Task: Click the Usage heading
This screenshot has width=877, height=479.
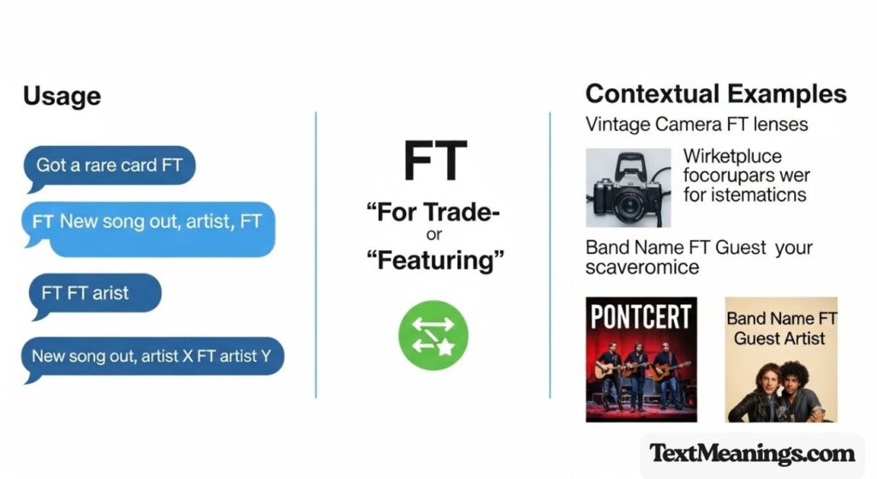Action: [x=62, y=96]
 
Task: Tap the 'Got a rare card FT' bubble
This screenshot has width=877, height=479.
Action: [x=110, y=165]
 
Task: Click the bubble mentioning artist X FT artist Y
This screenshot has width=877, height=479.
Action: [x=152, y=355]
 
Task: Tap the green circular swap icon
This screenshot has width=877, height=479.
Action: [x=434, y=333]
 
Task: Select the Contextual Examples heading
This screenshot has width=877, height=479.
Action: [x=716, y=94]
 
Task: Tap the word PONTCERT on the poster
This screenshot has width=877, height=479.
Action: [x=641, y=316]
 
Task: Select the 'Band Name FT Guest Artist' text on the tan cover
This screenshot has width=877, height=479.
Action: [x=781, y=328]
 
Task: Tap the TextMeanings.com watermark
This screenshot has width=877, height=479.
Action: [x=751, y=453]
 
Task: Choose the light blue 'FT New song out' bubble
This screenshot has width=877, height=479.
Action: [x=147, y=228]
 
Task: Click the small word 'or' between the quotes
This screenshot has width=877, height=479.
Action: [x=434, y=237]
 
